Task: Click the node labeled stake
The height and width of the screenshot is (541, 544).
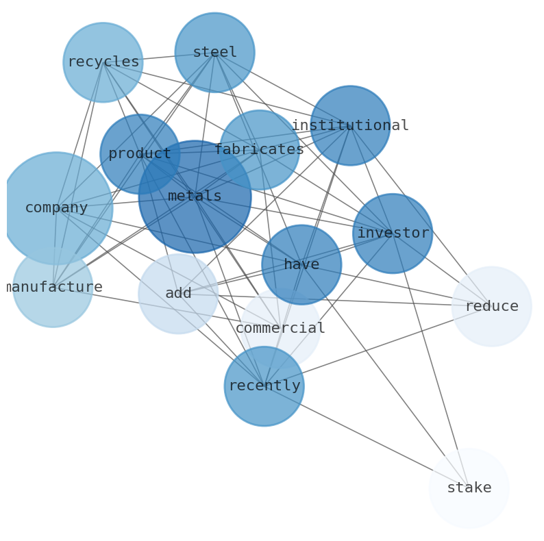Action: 469,488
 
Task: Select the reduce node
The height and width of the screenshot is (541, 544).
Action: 491,306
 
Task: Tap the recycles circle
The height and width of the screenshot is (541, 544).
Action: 103,62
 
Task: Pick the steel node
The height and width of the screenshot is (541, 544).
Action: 214,52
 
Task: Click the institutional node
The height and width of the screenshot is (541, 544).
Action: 350,125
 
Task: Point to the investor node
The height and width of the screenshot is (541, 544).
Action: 393,233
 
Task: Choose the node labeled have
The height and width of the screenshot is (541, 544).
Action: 301,264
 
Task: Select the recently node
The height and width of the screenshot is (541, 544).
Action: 264,386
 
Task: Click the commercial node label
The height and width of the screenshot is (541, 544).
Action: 280,328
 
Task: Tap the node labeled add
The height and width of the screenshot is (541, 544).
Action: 178,293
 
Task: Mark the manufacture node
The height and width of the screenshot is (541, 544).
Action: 53,287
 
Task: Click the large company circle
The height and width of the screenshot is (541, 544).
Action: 56,207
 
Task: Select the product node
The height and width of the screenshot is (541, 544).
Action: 140,153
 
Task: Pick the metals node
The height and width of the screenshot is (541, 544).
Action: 195,196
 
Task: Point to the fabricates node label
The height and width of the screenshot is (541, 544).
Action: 259,149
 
